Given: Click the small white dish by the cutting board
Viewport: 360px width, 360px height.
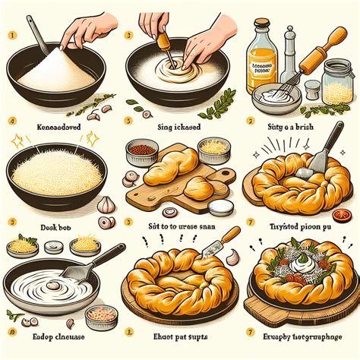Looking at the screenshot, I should tap(220, 207).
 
